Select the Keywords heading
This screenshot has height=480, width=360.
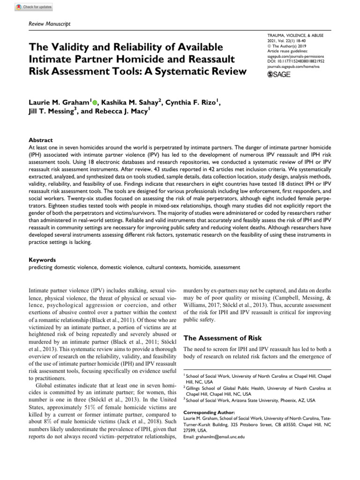click(42, 259)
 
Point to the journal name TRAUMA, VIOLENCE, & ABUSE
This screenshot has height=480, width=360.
click(295, 35)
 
